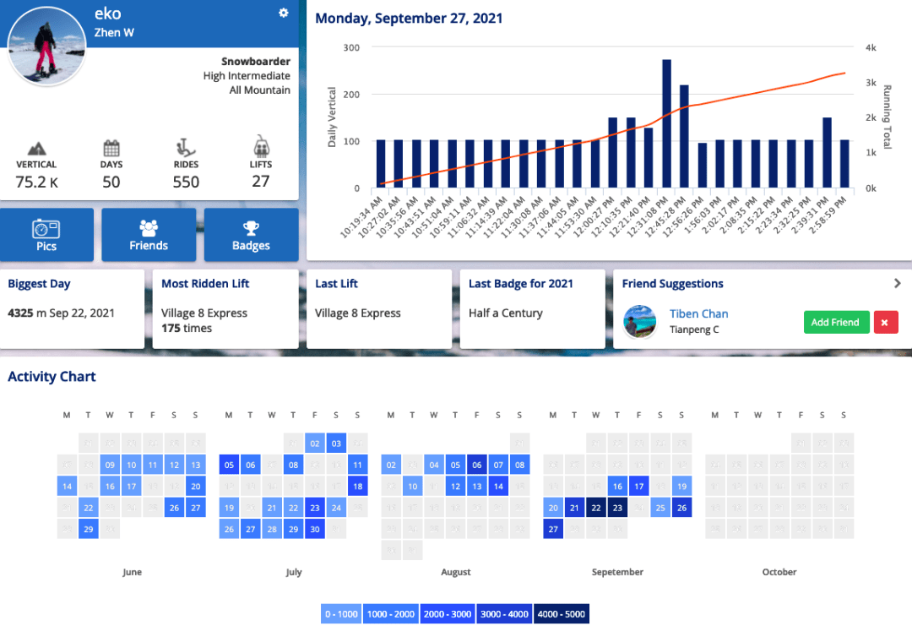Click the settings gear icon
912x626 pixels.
click(x=284, y=13)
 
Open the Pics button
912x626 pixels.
click(x=46, y=235)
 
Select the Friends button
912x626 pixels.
click(x=149, y=235)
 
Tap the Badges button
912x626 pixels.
click(x=251, y=235)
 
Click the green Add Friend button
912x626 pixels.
click(x=835, y=322)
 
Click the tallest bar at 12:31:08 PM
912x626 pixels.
click(x=666, y=123)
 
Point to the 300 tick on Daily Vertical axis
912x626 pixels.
click(x=351, y=47)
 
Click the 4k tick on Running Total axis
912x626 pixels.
click(x=871, y=47)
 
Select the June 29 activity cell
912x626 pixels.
click(x=89, y=529)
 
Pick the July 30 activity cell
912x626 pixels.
click(x=315, y=529)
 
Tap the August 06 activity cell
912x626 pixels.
click(x=477, y=464)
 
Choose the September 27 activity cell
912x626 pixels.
click(x=553, y=529)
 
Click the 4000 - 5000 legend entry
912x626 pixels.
click(x=561, y=614)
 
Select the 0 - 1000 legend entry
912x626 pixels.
click(x=341, y=614)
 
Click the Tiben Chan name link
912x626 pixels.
click(x=698, y=313)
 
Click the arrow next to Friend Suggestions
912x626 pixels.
click(x=897, y=284)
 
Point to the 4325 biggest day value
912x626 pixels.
click(x=20, y=313)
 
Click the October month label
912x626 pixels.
click(x=779, y=572)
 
